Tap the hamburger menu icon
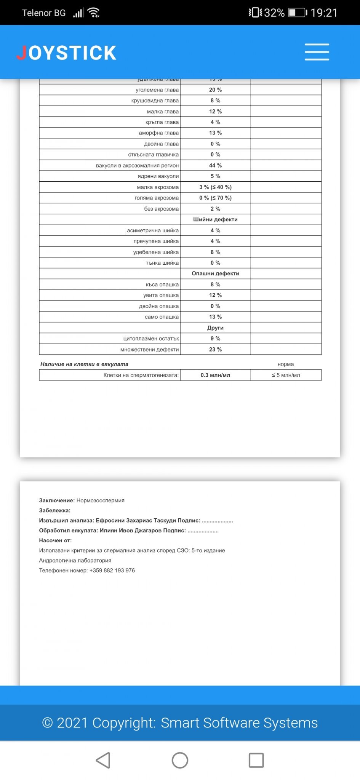pyautogui.click(x=317, y=52)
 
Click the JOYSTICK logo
pyautogui.click(x=67, y=53)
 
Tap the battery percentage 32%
pyautogui.click(x=274, y=13)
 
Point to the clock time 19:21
pyautogui.click(x=324, y=13)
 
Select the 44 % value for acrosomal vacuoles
pyautogui.click(x=215, y=166)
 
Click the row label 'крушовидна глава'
pyautogui.click(x=155, y=101)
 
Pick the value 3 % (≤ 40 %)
pyautogui.click(x=215, y=187)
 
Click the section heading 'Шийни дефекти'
pyautogui.click(x=215, y=220)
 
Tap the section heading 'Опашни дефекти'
pyautogui.click(x=215, y=274)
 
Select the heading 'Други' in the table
pyautogui.click(x=215, y=328)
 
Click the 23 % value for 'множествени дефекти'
pyautogui.click(x=215, y=350)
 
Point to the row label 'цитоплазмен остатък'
pyautogui.click(x=151, y=339)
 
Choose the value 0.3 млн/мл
pyautogui.click(x=215, y=375)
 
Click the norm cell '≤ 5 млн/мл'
pyautogui.click(x=286, y=375)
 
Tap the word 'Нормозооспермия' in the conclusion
pyautogui.click(x=101, y=500)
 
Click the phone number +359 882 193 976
pyautogui.click(x=112, y=571)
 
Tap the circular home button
pyautogui.click(x=180, y=761)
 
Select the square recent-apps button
pyautogui.click(x=256, y=761)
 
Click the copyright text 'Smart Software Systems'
pyautogui.click(x=239, y=722)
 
